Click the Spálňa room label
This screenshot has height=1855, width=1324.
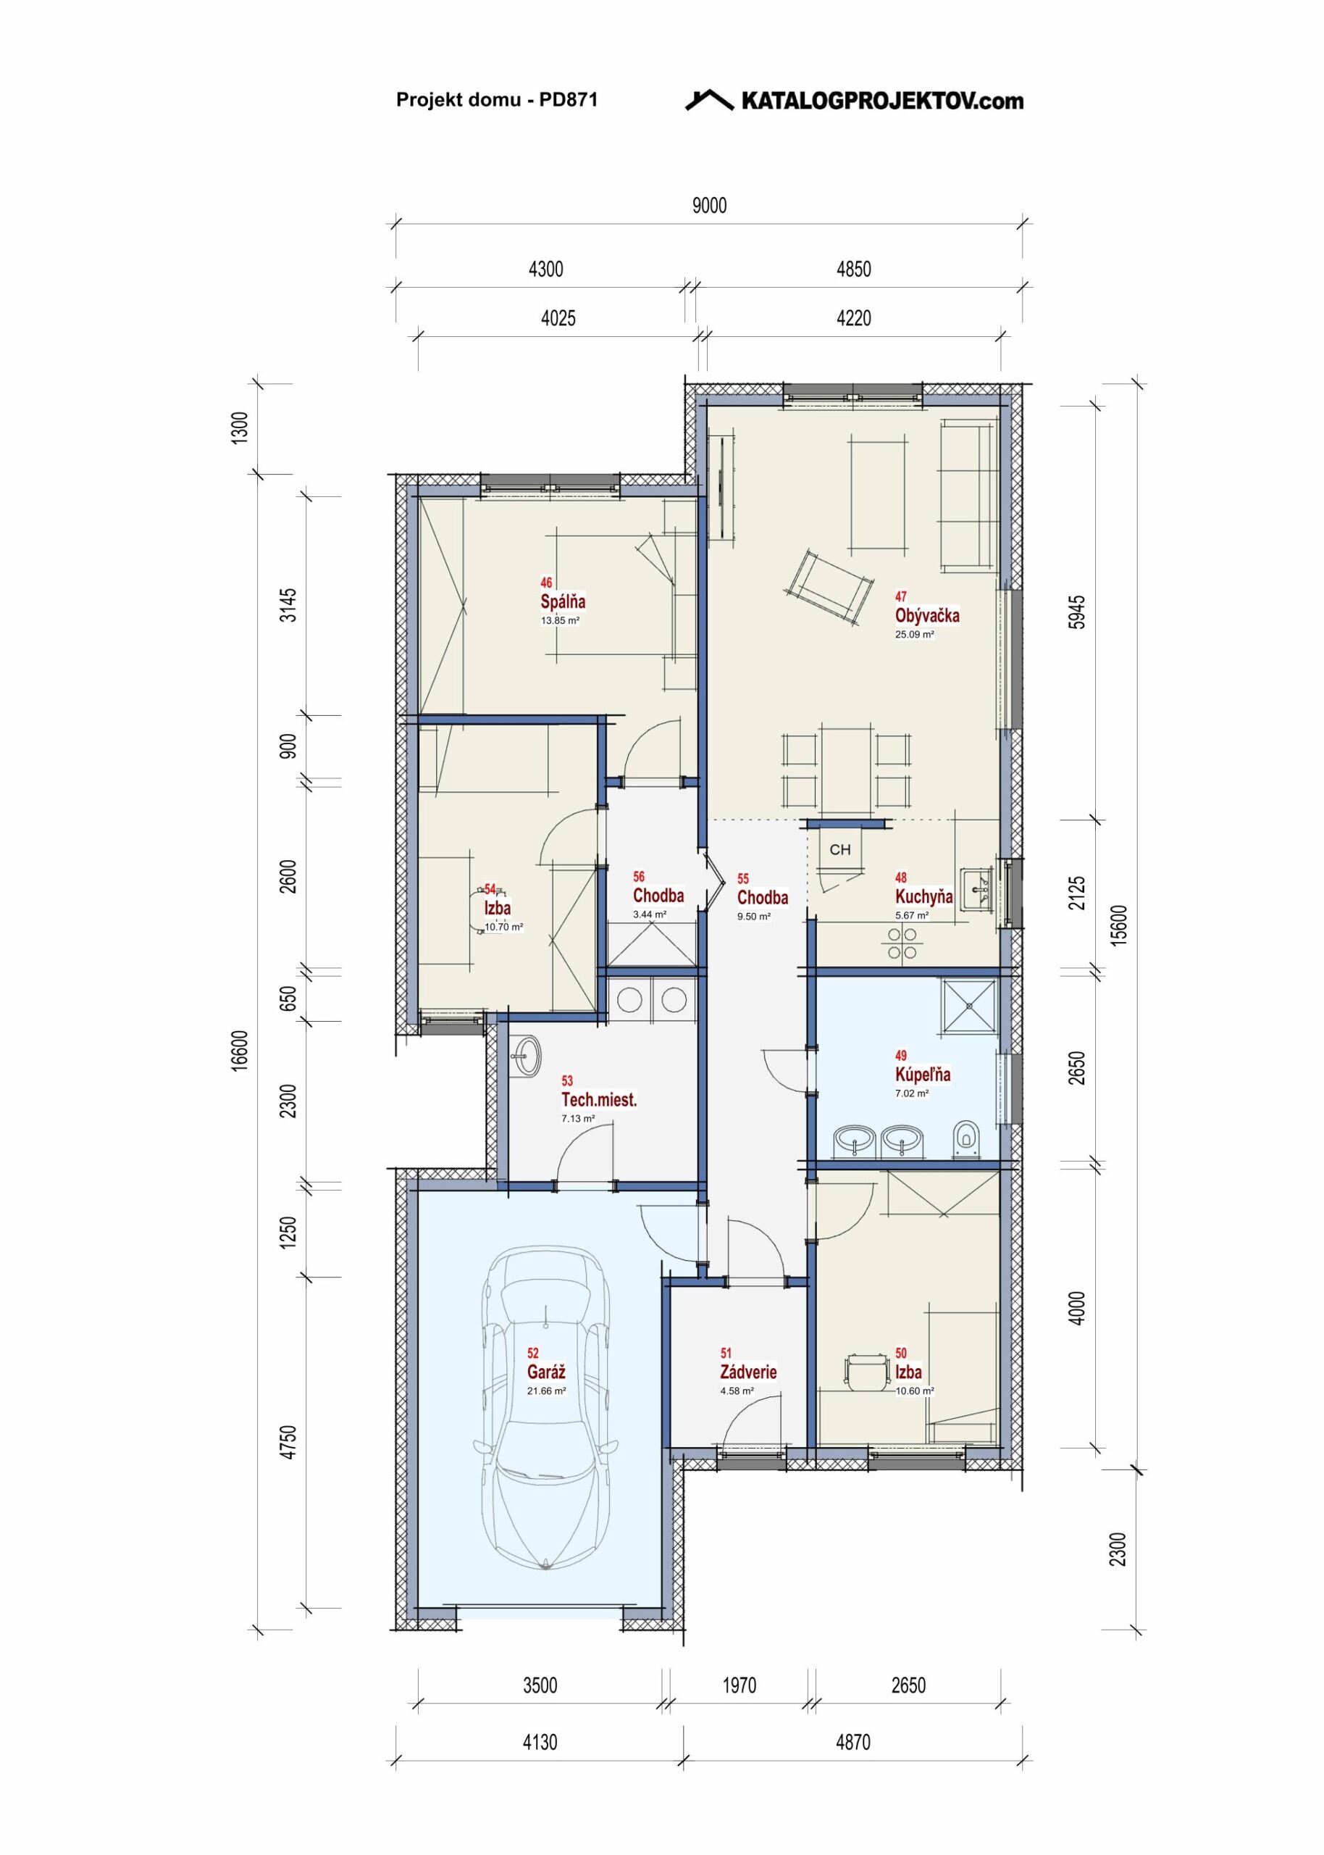563,601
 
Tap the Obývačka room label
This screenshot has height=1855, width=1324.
927,616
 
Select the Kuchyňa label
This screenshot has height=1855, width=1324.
923,897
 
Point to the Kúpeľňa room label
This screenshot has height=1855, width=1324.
923,1075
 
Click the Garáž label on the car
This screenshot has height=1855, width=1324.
546,1372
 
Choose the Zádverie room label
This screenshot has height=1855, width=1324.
748,1372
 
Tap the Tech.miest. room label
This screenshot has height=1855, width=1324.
599,1100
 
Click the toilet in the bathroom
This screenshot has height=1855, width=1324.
966,1138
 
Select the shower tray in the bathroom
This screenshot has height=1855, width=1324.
970,1006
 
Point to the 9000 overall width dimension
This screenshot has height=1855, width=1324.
709,206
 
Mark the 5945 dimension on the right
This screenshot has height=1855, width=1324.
1077,612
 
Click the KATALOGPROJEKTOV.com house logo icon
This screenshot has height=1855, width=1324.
708,99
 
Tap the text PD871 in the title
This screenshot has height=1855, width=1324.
569,99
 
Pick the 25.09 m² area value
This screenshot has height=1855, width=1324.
914,634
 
